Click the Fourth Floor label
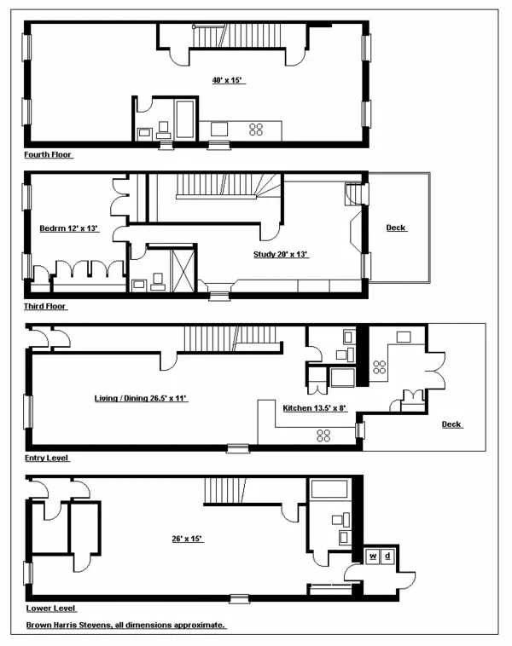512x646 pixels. coord(49,155)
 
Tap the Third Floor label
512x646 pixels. coord(45,306)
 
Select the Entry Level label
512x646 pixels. coord(47,458)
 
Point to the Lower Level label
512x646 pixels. coord(50,609)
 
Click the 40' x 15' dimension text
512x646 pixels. coord(227,80)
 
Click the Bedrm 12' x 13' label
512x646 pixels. coord(69,228)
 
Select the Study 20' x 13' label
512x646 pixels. coord(280,254)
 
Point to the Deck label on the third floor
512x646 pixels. coord(396,228)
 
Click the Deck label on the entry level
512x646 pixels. coord(451,424)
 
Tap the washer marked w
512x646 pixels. coord(373,556)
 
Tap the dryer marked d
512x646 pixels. coord(388,556)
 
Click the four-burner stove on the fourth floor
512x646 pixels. coord(255,130)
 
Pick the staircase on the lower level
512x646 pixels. coord(230,491)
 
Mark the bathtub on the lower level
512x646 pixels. coord(329,489)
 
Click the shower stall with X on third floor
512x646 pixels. coord(183,268)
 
